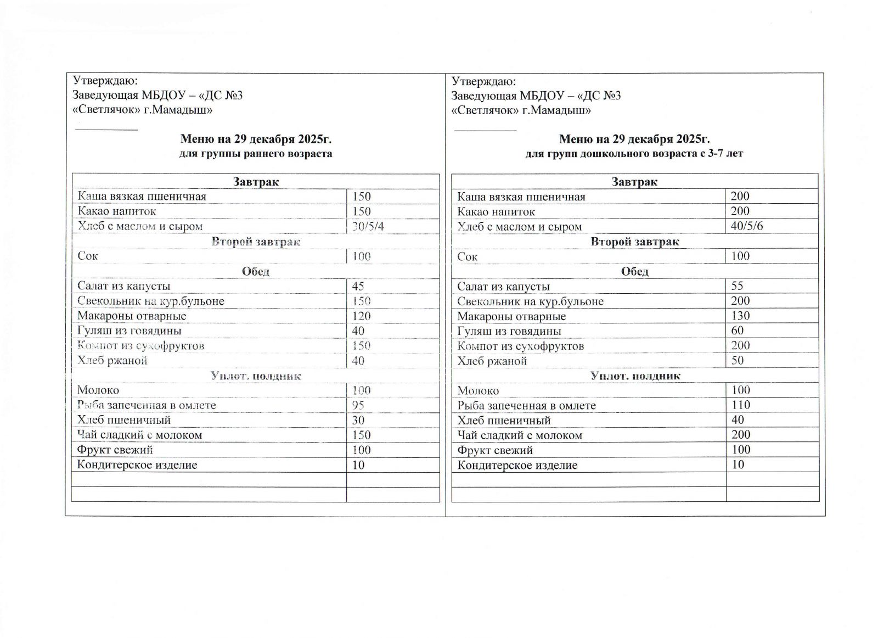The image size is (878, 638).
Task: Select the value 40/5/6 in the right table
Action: coord(747,226)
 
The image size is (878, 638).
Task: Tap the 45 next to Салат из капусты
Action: coord(358,286)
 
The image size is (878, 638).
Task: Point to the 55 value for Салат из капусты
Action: coord(738,286)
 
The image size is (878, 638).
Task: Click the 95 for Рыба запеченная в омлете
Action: coord(358,405)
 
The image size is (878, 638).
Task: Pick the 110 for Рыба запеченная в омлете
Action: coord(740,405)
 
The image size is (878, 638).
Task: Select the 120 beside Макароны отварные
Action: coord(361,316)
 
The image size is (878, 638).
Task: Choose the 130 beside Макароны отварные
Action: coord(740,315)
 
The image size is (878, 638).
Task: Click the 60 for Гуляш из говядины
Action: coord(738,330)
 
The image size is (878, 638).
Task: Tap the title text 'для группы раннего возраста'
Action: coord(256,154)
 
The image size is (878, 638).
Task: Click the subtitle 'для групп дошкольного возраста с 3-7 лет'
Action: coord(634,154)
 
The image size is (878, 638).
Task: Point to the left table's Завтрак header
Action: coord(256,182)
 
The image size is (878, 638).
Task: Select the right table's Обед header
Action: coord(634,271)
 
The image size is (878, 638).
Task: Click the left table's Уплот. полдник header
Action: coord(256,376)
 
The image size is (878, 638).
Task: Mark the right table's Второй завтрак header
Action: coord(634,242)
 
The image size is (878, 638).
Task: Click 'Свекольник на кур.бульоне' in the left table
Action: coord(150,301)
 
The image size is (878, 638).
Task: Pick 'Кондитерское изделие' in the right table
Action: coord(517,465)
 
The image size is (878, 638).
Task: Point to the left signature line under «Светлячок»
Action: coord(106,130)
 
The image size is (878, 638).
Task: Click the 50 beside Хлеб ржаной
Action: coord(738,360)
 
